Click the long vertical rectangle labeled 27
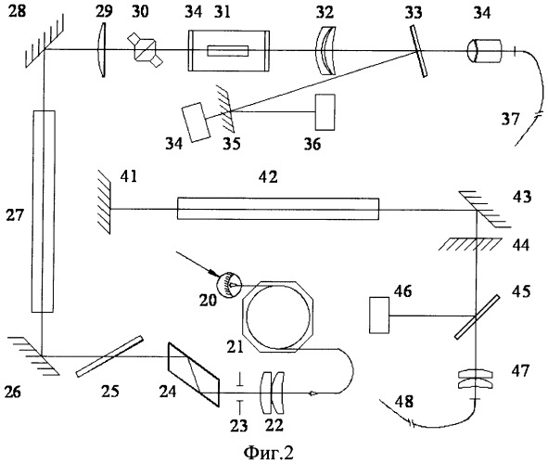coord(44,212)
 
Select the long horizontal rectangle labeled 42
coord(278,209)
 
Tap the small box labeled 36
coord(325,112)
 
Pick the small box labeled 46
coord(379,315)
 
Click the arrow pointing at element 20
coord(197,264)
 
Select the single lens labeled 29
coord(102,50)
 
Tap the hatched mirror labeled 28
coord(45,41)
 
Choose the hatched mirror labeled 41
coord(105,201)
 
